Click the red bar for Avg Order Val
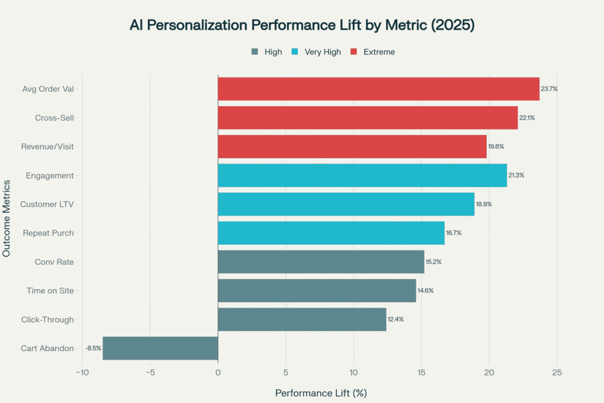(x=379, y=89)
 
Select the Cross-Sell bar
(x=367, y=117)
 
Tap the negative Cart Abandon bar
(x=160, y=348)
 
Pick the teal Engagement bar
(x=362, y=175)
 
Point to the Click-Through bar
(x=302, y=319)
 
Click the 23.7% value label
(x=549, y=89)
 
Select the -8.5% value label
(x=93, y=348)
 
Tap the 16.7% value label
(x=454, y=233)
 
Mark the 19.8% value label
(x=496, y=146)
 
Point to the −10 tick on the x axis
(x=82, y=373)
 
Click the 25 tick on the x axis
(x=557, y=373)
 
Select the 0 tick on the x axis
(x=218, y=373)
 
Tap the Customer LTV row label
(x=47, y=204)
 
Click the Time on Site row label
(x=50, y=290)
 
